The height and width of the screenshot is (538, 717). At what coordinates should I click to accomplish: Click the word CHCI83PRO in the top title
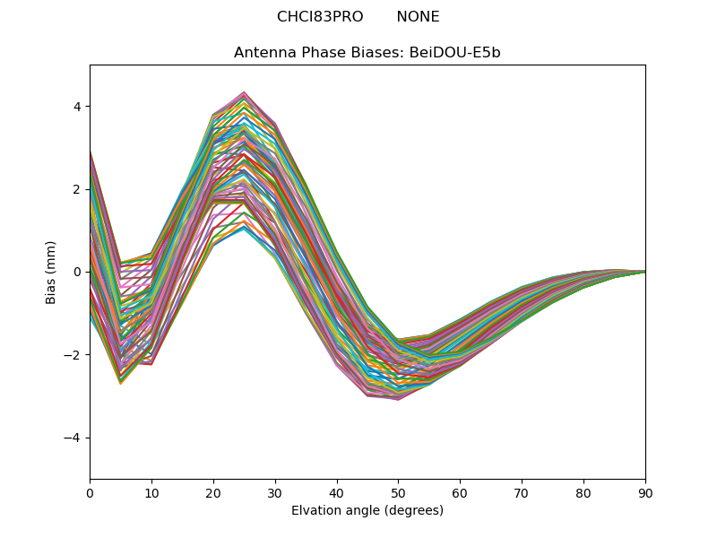pyautogui.click(x=320, y=17)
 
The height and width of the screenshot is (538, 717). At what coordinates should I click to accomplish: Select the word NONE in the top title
pyautogui.click(x=418, y=17)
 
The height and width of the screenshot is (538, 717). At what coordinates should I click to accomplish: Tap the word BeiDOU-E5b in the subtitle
pyautogui.click(x=455, y=53)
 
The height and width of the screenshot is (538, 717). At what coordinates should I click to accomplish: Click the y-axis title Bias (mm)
pyautogui.click(x=51, y=272)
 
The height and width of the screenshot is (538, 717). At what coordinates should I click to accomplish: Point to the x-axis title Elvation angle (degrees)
pyautogui.click(x=367, y=511)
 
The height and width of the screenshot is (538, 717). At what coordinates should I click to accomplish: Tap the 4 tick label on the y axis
pyautogui.click(x=77, y=107)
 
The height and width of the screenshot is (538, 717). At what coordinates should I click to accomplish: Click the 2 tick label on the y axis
pyautogui.click(x=77, y=189)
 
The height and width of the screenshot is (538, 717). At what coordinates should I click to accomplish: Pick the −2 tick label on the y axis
pyautogui.click(x=73, y=355)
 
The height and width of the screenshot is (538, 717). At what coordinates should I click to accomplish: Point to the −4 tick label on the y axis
pyautogui.click(x=73, y=438)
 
